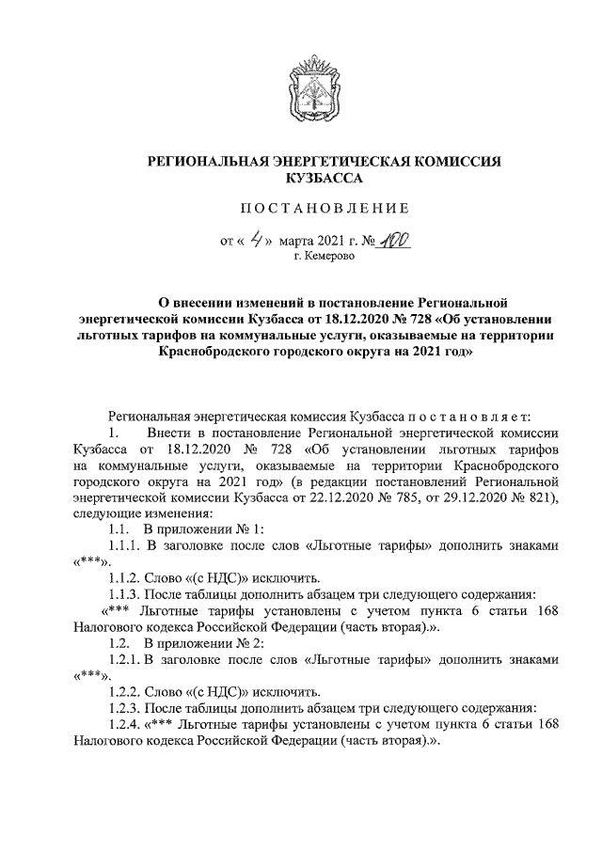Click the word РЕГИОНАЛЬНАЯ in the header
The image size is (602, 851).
pyautogui.click(x=206, y=162)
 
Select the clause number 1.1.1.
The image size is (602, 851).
pyautogui.click(x=124, y=545)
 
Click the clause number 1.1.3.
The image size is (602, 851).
pyautogui.click(x=124, y=593)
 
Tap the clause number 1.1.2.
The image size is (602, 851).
pyautogui.click(x=124, y=577)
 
